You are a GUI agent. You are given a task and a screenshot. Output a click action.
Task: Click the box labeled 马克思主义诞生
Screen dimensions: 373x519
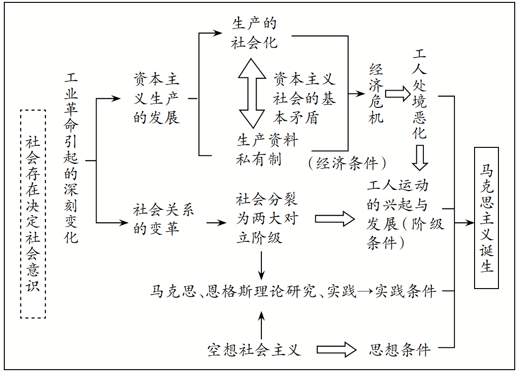[x=487, y=218]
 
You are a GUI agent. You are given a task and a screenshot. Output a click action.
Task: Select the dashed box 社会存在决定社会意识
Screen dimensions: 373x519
[x=33, y=214]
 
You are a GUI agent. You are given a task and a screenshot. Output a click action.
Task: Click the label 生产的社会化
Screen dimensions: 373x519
[x=254, y=33]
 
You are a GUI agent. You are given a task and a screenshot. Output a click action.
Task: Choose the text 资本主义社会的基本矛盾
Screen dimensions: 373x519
[x=304, y=98]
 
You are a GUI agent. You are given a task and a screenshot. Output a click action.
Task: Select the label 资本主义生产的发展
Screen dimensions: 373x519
[x=157, y=98]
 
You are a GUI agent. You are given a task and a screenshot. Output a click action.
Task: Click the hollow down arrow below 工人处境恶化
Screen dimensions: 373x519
[x=420, y=158]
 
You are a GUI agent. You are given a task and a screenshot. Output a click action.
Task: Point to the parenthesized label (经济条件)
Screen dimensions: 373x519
[x=347, y=164]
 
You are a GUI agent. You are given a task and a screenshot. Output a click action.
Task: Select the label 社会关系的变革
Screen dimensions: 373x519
[x=163, y=218]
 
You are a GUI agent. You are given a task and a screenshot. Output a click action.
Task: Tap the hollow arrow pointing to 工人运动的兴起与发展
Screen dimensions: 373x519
[x=335, y=218]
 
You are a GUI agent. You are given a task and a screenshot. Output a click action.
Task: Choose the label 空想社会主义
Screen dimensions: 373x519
[x=254, y=350]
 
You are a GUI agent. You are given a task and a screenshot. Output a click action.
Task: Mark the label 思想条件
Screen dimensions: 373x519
[x=400, y=350]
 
